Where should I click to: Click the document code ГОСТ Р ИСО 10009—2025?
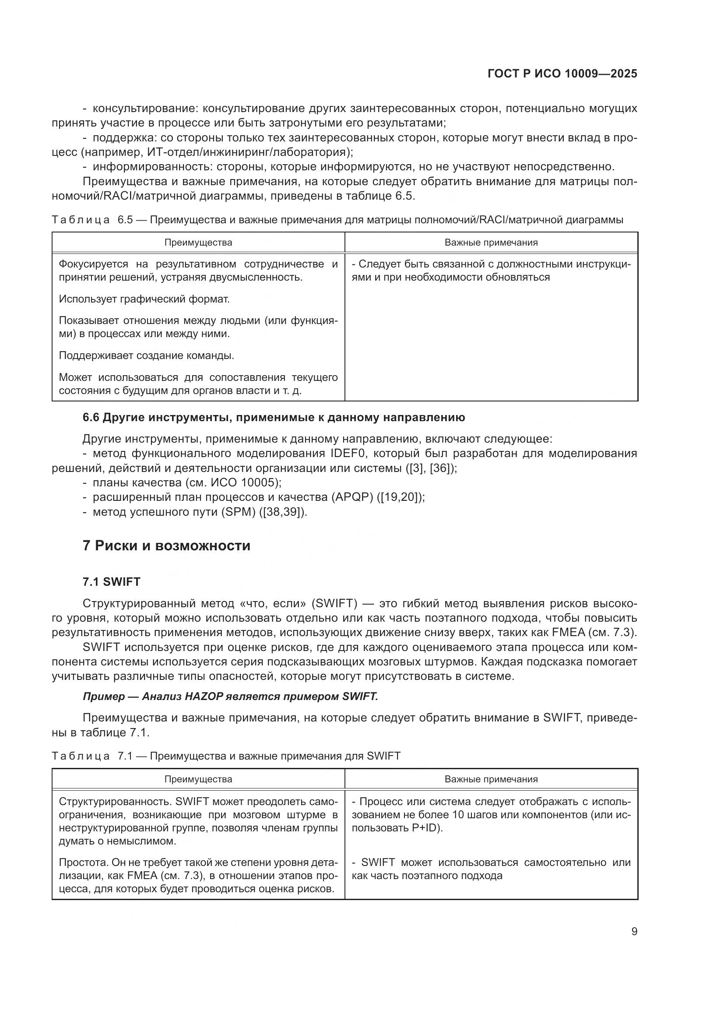(x=562, y=74)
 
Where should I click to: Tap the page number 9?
(x=634, y=932)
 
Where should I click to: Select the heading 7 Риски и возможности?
(x=166, y=545)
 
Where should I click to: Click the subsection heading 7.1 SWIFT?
(x=112, y=581)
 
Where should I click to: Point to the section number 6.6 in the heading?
(x=91, y=418)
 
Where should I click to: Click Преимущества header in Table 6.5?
(x=198, y=243)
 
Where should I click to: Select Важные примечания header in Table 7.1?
(x=491, y=779)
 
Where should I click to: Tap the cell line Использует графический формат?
(x=144, y=299)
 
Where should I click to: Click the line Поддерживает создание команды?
(x=146, y=355)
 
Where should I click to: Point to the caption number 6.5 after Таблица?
(x=125, y=220)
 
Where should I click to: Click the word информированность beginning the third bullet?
(x=148, y=167)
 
